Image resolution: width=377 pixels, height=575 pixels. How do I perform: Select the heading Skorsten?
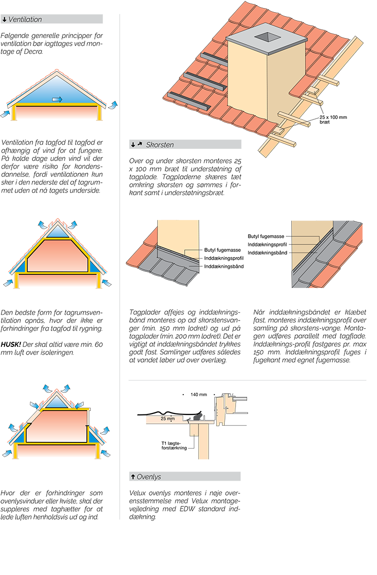(x=160, y=145)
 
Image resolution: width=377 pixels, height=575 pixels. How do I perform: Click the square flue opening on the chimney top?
(x=266, y=37)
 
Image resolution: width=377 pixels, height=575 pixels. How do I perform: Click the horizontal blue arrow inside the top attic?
(x=57, y=100)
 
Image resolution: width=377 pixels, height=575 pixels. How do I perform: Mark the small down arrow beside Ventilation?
(x=5, y=20)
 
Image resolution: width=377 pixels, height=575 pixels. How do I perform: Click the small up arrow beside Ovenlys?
(x=132, y=477)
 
